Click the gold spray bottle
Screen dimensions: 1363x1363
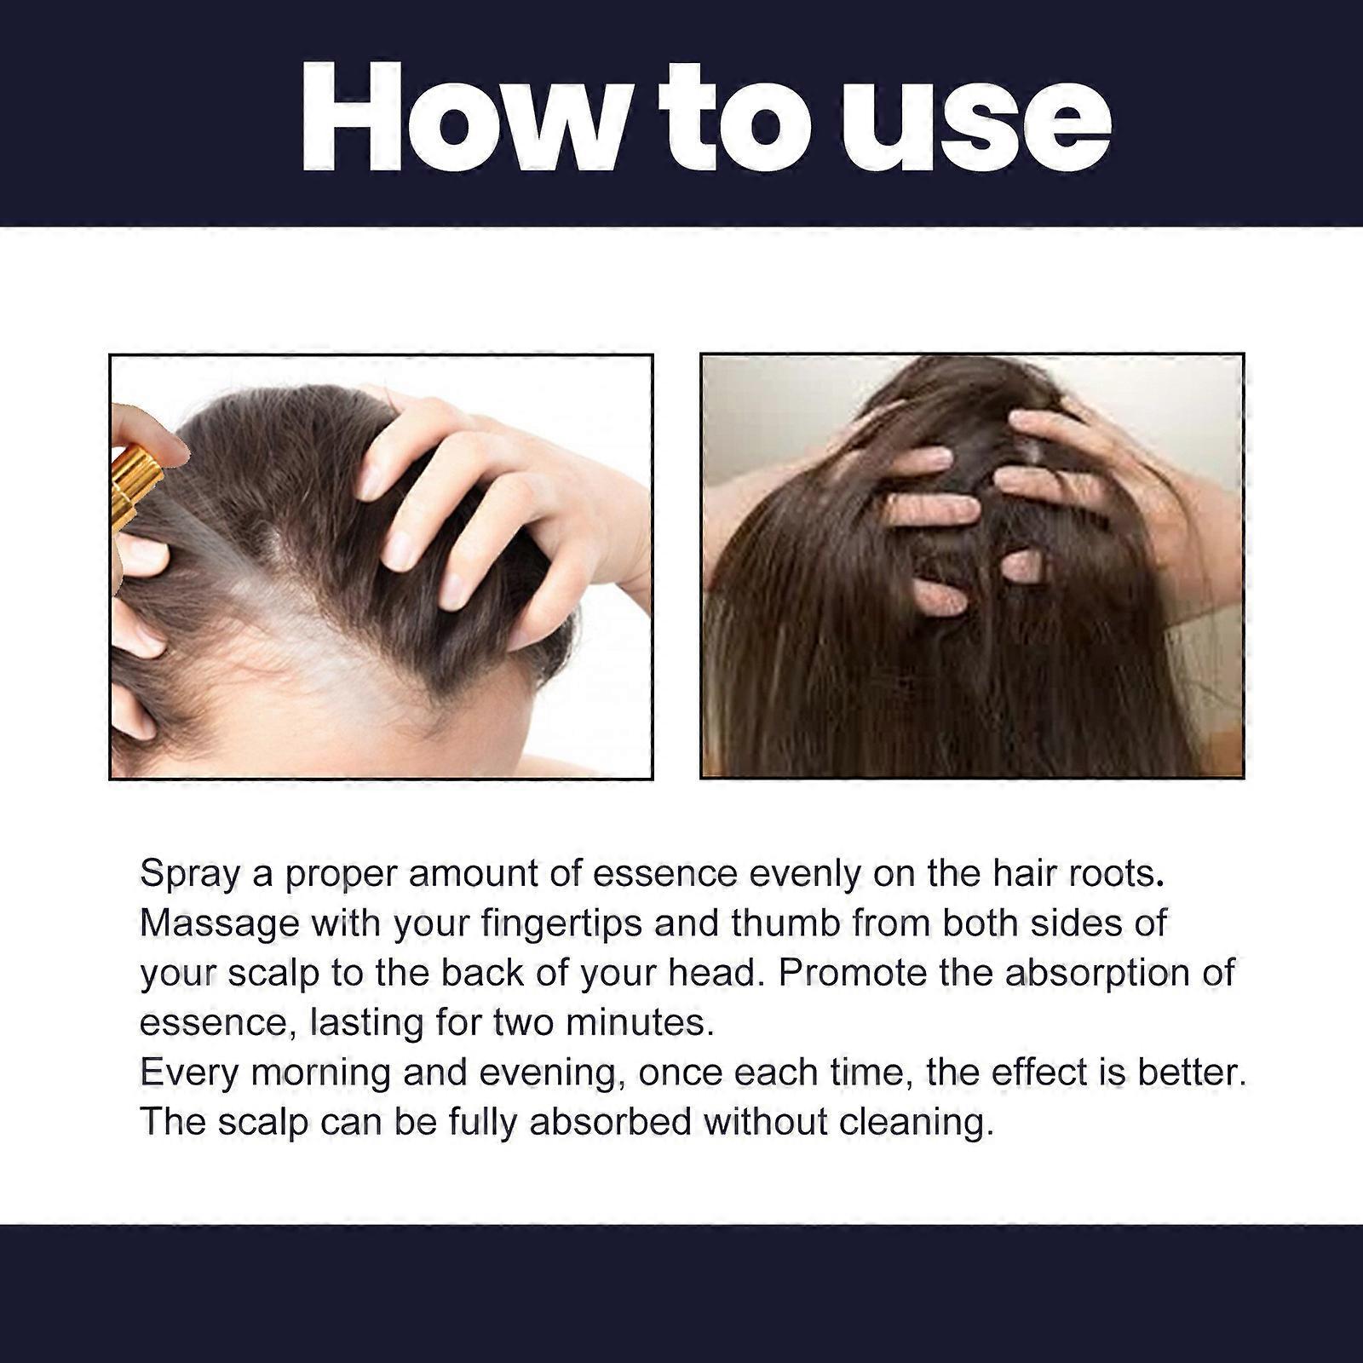click(x=135, y=486)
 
